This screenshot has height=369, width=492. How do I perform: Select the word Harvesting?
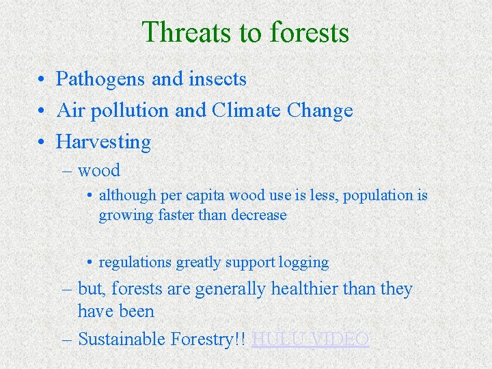[x=103, y=142]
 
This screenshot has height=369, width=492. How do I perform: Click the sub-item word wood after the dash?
[x=99, y=171]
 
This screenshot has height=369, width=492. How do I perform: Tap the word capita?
[x=202, y=195]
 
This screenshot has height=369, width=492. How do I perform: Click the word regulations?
[x=135, y=262]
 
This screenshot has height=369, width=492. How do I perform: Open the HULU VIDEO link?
[x=310, y=339]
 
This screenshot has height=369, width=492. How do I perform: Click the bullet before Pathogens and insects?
[x=42, y=80]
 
